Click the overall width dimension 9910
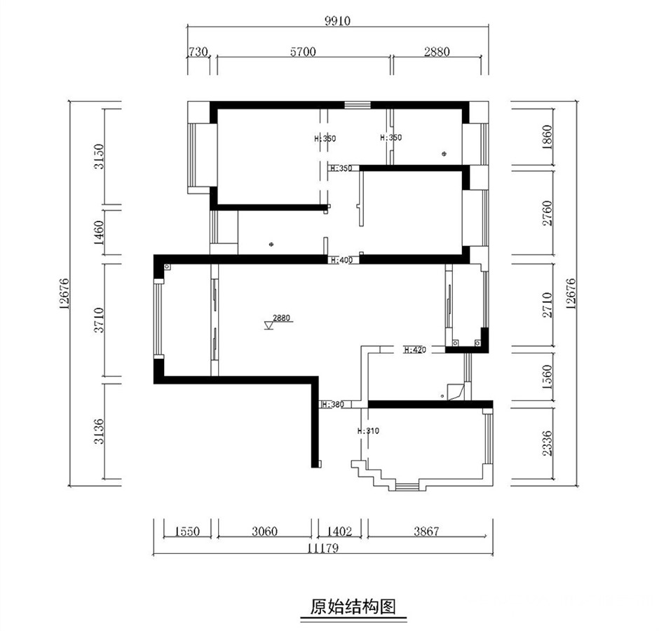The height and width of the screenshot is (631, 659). pos(337,20)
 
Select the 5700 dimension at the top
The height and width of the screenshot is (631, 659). pos(303,52)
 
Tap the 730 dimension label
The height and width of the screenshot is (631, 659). pos(198,52)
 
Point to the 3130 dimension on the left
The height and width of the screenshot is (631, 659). pos(99,156)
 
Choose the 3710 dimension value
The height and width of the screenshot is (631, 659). pos(99,320)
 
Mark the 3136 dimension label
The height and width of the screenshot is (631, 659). pos(99,431)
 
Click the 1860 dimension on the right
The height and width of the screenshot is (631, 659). pos(547,137)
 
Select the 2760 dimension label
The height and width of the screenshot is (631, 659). pos(547,213)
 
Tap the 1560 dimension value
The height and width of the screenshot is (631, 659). pos(547,376)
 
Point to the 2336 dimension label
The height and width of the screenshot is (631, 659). pos(547,443)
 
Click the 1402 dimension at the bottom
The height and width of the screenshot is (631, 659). pos(339,531)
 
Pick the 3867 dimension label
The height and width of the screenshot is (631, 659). pos(426,531)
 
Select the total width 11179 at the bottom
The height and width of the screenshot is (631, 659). pos(322,548)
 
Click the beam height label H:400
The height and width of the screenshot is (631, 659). pos(341,260)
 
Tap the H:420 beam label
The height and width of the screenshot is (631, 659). pos(415,349)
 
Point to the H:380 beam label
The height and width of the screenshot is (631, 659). pos(333,405)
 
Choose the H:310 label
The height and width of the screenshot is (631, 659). pos(368,431)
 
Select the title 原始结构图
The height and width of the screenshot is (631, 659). pos(353,606)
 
